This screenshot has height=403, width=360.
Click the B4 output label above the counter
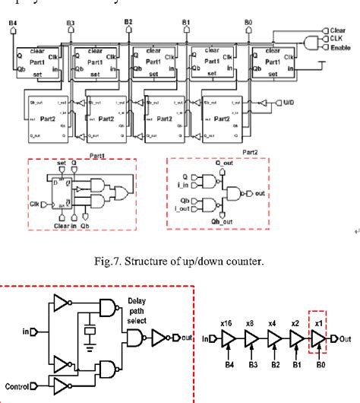click(13, 24)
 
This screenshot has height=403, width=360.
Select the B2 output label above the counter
click(127, 24)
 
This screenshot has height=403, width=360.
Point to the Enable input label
click(339, 46)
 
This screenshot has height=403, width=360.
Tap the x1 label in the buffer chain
click(317, 322)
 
